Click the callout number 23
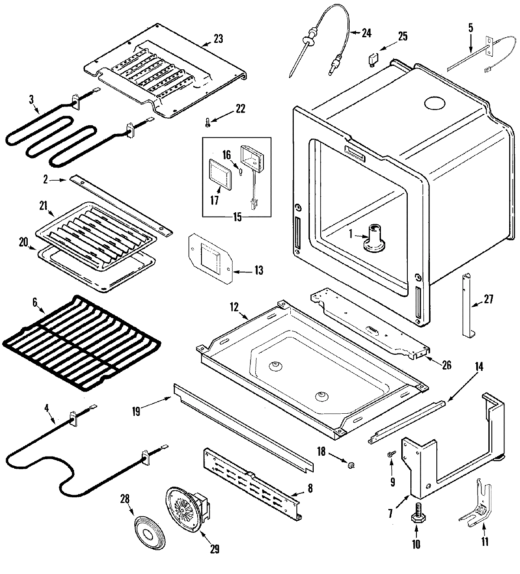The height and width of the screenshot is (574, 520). click(x=218, y=39)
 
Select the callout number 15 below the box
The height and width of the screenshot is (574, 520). click(x=237, y=217)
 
